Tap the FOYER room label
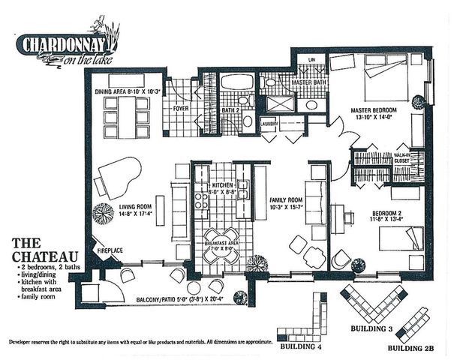(181, 108)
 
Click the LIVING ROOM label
(136, 210)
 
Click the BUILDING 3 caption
(371, 329)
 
